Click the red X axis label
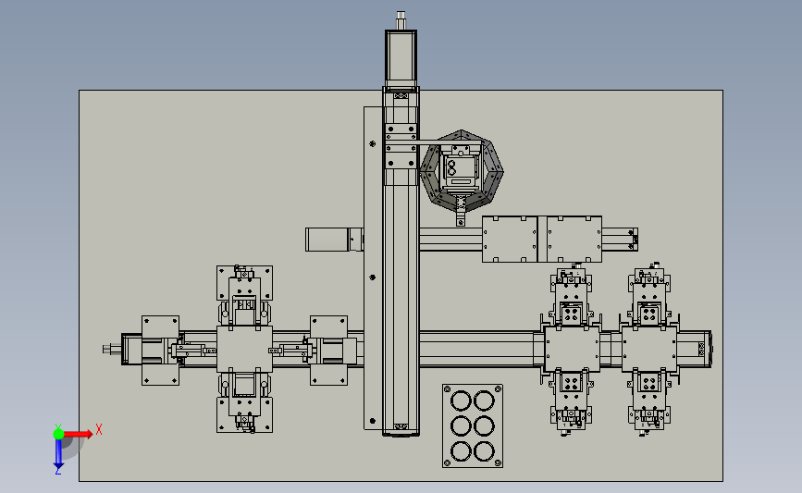point(99,429)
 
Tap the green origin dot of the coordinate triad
point(59,434)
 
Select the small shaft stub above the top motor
point(401,20)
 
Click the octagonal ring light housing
point(462,170)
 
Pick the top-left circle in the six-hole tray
point(461,401)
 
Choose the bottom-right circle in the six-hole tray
point(484,451)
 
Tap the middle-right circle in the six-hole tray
point(484,426)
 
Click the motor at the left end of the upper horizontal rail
point(327,240)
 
